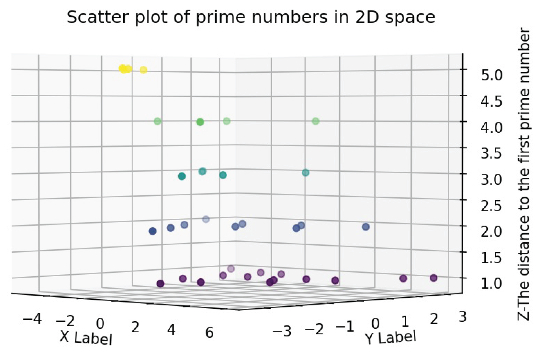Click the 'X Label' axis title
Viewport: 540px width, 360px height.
86,338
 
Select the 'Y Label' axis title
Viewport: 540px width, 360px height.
390,338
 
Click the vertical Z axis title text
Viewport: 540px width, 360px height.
524,174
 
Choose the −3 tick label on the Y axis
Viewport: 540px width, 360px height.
282,331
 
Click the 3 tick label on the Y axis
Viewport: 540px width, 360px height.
462,317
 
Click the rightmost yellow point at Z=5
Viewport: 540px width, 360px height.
144,70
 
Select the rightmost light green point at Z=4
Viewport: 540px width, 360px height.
316,121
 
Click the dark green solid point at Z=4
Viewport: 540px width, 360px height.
200,122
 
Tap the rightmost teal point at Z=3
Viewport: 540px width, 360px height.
306,173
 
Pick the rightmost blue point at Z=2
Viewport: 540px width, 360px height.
366,227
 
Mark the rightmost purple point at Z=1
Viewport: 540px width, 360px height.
434,278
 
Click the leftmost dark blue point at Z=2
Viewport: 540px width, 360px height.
152,231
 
